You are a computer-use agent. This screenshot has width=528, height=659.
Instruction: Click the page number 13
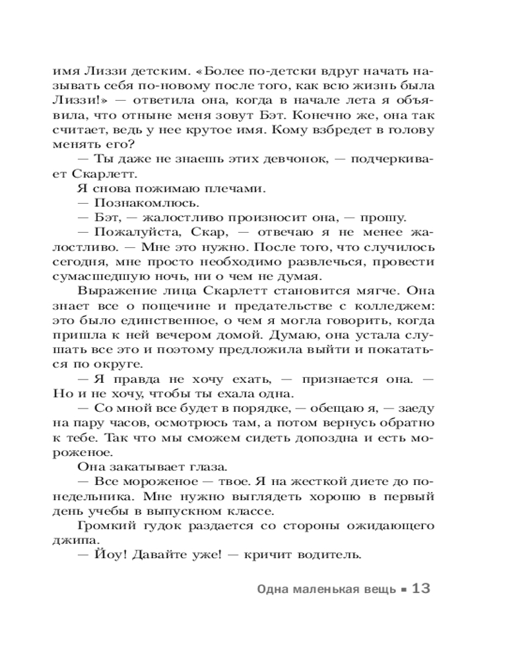420,588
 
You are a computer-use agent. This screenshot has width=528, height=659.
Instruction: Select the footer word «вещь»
378,589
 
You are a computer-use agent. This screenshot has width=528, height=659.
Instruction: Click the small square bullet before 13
403,590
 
